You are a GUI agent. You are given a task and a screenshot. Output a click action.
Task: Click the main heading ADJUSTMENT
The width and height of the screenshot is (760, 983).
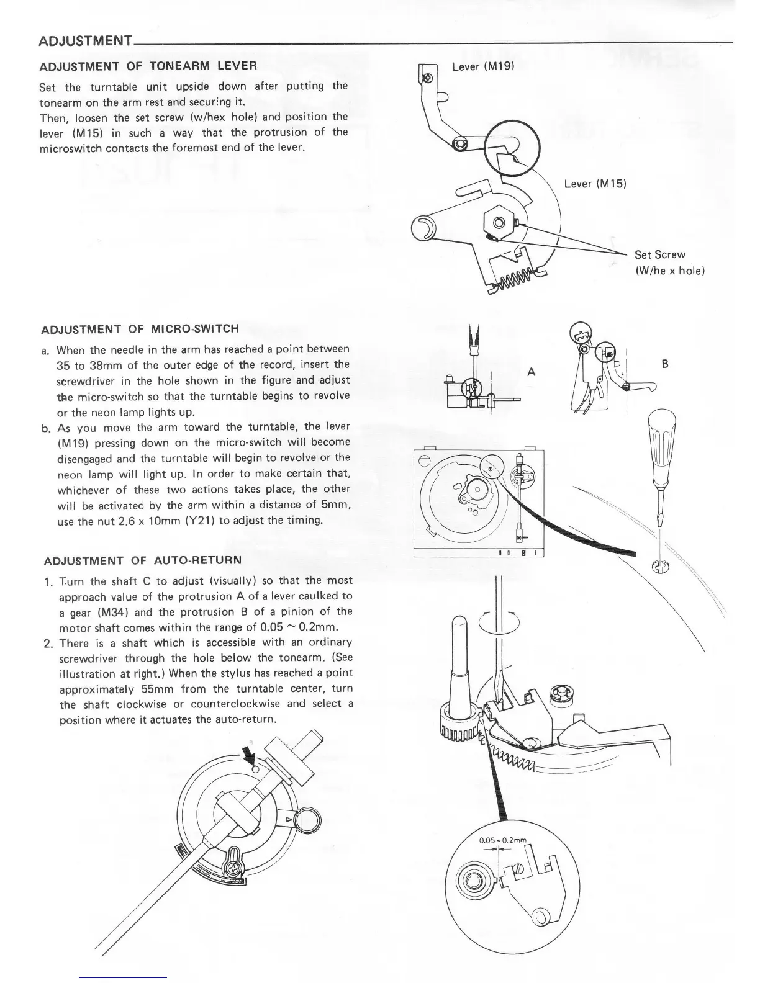[85, 42]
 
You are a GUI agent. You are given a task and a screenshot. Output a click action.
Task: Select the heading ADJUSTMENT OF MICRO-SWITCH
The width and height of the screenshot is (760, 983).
[140, 329]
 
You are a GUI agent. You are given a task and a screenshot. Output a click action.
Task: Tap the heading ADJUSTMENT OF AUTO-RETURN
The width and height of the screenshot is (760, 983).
[143, 561]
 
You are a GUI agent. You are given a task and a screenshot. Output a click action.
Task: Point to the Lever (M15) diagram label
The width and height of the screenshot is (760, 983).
[595, 184]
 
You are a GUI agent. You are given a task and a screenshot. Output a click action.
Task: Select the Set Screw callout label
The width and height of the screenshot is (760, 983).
[659, 254]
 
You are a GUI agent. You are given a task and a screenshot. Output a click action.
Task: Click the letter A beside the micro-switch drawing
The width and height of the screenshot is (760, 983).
[531, 372]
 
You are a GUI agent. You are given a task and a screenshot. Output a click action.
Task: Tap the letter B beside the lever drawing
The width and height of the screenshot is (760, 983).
[664, 364]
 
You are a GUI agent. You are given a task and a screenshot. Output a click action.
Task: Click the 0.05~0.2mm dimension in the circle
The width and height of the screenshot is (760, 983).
[502, 840]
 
